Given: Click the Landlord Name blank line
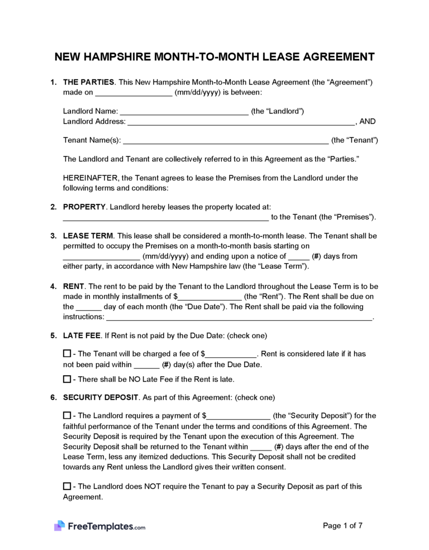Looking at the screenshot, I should click(184, 112).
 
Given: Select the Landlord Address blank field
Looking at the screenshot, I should click(241, 122).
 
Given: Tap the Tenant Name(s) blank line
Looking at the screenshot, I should click(225, 140).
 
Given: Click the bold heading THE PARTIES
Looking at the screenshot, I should click(88, 82).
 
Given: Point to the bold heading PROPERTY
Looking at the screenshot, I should click(84, 207).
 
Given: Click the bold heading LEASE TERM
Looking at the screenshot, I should click(88, 236).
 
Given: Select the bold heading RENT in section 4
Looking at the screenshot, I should click(74, 287).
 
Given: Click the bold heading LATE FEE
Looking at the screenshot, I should click(82, 336).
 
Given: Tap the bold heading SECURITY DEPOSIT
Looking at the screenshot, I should click(101, 397).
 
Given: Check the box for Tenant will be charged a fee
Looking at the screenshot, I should click(67, 354).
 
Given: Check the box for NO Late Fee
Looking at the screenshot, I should click(67, 379).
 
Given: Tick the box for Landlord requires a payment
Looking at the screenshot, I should click(67, 415).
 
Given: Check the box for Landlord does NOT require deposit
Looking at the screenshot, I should click(67, 486).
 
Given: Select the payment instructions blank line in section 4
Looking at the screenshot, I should click(239, 317).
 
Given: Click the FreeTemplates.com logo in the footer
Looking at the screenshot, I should click(100, 526).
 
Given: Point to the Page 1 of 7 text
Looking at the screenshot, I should click(343, 525).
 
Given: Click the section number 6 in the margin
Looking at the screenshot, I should click(53, 397).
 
